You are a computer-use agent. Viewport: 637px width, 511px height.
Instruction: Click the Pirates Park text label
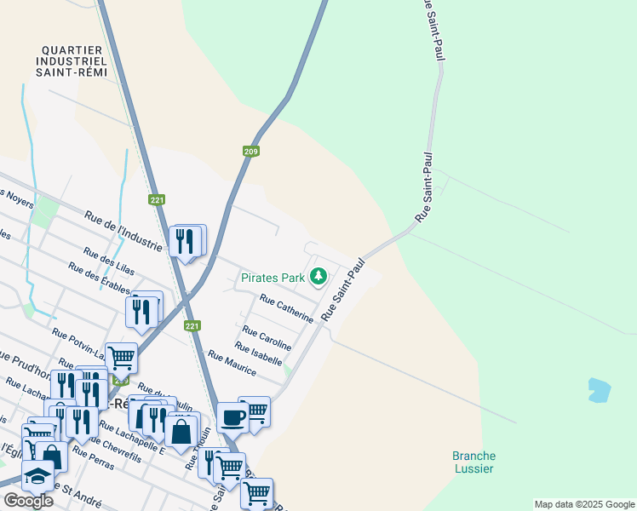(x=273, y=278)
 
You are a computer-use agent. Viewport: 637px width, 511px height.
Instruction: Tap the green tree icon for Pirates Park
(x=318, y=276)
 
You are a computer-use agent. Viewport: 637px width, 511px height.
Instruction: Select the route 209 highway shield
(x=250, y=152)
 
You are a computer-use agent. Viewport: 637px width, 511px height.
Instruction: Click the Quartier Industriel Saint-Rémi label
(x=72, y=61)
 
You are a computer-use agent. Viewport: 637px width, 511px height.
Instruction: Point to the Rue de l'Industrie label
(x=123, y=231)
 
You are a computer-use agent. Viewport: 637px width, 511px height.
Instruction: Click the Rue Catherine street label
(x=286, y=308)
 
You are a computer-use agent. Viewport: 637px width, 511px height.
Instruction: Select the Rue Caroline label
(x=267, y=337)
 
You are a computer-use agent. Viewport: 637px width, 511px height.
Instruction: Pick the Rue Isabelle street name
(x=258, y=354)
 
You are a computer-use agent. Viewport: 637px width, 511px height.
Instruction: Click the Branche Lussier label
(x=473, y=462)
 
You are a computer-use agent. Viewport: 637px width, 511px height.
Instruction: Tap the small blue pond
(x=599, y=390)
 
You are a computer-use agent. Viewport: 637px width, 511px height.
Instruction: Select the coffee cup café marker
(x=232, y=417)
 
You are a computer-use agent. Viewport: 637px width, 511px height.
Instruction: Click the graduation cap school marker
(x=37, y=475)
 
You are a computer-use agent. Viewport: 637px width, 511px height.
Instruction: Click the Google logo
(x=28, y=501)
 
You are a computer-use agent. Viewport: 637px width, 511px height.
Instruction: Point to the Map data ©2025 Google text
(x=583, y=504)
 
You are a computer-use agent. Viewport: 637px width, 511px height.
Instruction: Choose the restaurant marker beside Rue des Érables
(x=141, y=312)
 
